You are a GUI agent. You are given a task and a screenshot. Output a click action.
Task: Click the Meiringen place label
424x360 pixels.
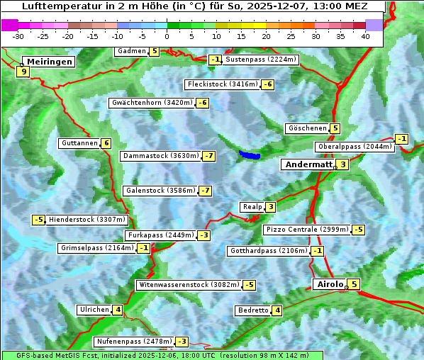click(x=48, y=62)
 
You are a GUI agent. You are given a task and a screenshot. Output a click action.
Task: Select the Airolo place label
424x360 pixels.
click(x=329, y=284)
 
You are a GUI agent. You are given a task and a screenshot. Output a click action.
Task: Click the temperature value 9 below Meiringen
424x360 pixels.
click(x=23, y=72)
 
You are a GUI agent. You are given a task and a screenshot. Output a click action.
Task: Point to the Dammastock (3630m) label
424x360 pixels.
click(x=160, y=156)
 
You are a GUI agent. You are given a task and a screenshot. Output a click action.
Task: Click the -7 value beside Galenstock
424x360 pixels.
click(x=205, y=191)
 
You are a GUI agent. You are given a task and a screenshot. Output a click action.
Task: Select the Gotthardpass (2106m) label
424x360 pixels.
click(x=268, y=251)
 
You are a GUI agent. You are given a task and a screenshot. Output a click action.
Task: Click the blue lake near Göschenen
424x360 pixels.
click(x=249, y=154)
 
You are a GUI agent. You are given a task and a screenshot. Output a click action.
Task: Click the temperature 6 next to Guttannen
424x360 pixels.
click(x=106, y=143)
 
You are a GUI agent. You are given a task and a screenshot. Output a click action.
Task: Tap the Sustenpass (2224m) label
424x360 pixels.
click(x=261, y=60)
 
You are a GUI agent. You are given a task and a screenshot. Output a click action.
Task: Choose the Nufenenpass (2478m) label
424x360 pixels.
click(x=134, y=342)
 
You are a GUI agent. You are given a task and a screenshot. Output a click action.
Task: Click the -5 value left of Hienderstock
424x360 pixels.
click(x=38, y=220)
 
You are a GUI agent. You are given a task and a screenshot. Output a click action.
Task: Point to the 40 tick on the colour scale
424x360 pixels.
click(x=365, y=36)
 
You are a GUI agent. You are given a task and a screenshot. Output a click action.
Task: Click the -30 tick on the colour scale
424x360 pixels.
click(x=18, y=36)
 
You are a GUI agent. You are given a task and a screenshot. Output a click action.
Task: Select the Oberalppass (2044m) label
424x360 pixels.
click(x=354, y=147)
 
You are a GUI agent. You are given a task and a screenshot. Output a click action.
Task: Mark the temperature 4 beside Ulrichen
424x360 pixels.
click(x=117, y=310)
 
